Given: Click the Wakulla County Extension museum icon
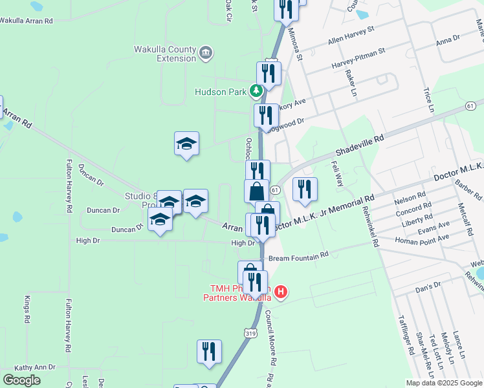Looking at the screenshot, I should pyautogui.click(x=206, y=52).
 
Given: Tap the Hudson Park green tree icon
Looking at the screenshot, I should pyautogui.click(x=257, y=91).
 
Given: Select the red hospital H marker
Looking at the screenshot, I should pyautogui.click(x=280, y=293).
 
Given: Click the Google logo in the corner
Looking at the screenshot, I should pyautogui.click(x=21, y=380).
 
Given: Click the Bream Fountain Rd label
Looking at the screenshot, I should pyautogui.click(x=298, y=258).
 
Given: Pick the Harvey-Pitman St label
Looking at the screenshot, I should pyautogui.click(x=358, y=58).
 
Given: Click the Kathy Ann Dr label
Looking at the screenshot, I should pyautogui.click(x=36, y=367).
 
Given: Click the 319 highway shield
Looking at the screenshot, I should pyautogui.click(x=250, y=333).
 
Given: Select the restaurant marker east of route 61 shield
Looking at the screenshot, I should pyautogui.click(x=305, y=189).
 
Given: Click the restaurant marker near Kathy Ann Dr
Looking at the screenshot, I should pyautogui.click(x=209, y=352).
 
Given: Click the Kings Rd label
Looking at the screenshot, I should pyautogui.click(x=28, y=310).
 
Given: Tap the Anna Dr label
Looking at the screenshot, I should pyautogui.click(x=448, y=39).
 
